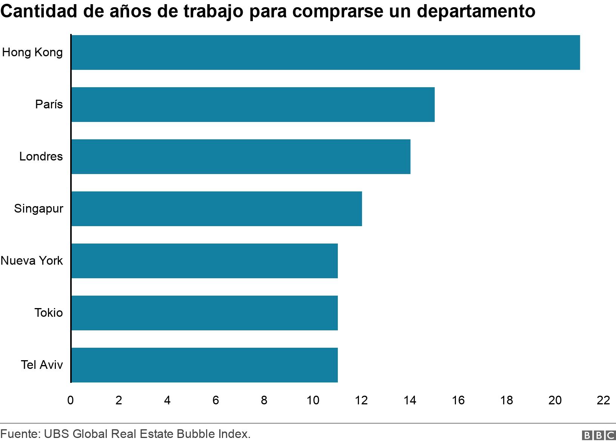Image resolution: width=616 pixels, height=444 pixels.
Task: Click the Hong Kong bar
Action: pyautogui.click(x=325, y=52)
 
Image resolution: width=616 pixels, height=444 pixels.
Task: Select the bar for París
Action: pyautogui.click(x=253, y=105)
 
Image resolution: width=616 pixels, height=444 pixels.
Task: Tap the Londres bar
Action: pyautogui.click(x=241, y=157)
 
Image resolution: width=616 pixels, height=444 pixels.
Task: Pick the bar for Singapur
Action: pyautogui.click(x=217, y=209)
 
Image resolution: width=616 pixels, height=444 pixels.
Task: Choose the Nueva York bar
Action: pyautogui.click(x=205, y=261)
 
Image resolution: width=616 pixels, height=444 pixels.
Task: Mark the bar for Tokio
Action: pyautogui.click(x=205, y=313)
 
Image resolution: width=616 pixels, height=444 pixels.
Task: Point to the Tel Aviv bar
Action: pyautogui.click(x=205, y=365)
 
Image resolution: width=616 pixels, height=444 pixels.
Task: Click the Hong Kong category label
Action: pyautogui.click(x=32, y=52)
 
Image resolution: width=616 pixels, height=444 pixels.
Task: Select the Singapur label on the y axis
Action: pyautogui.click(x=38, y=209)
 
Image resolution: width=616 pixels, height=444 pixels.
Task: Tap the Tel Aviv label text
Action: pyautogui.click(x=42, y=365)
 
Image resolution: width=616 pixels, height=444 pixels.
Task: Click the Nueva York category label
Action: pyautogui.click(x=32, y=261)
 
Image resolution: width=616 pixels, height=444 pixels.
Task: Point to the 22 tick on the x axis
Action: pyautogui.click(x=603, y=401)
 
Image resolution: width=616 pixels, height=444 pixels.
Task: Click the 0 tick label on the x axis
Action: pyautogui.click(x=71, y=401)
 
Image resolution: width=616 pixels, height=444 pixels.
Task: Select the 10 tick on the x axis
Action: pyautogui.click(x=313, y=401)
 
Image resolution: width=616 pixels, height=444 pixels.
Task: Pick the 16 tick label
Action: pyautogui.click(x=458, y=401)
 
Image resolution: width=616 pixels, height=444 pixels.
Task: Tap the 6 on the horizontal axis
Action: pyautogui.click(x=216, y=401)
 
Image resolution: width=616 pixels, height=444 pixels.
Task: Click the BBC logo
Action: pyautogui.click(x=599, y=436)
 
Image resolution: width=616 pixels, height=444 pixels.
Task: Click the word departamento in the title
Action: pyautogui.click(x=476, y=12)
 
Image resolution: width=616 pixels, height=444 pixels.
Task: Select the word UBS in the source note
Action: pyautogui.click(x=57, y=434)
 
